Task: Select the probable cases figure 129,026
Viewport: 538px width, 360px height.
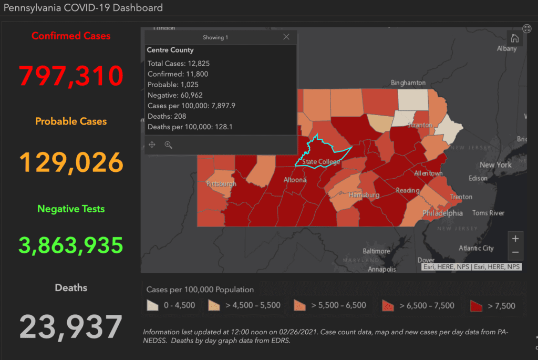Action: point(71,162)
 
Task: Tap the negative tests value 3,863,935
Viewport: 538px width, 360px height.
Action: point(71,244)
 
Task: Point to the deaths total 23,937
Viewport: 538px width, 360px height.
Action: point(71,327)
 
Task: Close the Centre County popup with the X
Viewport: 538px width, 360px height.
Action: point(286,37)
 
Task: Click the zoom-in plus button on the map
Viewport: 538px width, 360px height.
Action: point(515,239)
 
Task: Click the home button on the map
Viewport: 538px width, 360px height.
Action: point(515,38)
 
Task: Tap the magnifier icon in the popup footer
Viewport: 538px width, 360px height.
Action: point(168,145)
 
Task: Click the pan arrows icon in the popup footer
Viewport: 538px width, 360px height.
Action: point(152,145)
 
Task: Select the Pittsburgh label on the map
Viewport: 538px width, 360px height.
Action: point(221,184)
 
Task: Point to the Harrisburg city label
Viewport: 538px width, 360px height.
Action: point(364,195)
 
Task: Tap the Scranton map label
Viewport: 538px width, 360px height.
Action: point(418,126)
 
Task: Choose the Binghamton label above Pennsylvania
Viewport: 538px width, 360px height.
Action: point(408,83)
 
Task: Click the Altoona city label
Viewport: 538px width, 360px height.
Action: point(294,180)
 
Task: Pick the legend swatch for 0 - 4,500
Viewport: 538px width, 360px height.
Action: point(153,305)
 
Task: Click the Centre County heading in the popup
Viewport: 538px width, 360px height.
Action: point(170,50)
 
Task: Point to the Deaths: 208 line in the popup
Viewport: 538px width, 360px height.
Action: point(167,116)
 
